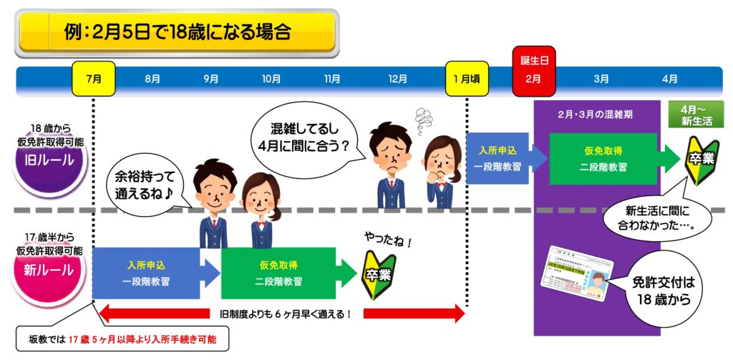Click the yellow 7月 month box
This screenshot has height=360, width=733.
pyautogui.click(x=93, y=79)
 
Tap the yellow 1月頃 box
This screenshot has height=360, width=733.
pyautogui.click(x=466, y=79)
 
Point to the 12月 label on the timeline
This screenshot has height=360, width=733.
pyautogui.click(x=397, y=79)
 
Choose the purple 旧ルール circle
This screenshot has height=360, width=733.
pyautogui.click(x=49, y=160)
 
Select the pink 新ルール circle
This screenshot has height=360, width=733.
pyautogui.click(x=49, y=270)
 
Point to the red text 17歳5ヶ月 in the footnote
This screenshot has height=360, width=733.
pyautogui.click(x=98, y=339)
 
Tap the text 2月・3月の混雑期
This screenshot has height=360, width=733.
pyautogui.click(x=596, y=115)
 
